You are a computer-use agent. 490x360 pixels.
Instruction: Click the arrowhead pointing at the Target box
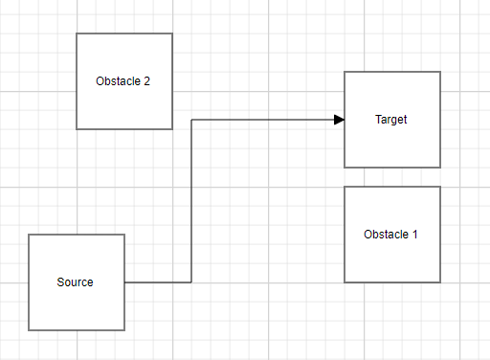point(339,120)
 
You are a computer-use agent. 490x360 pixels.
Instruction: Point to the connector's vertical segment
point(191,201)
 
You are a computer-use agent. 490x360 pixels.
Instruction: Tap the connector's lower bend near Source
point(191,282)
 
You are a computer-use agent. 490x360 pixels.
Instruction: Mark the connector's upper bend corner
point(191,120)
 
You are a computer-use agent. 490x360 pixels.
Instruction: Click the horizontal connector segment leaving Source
point(158,282)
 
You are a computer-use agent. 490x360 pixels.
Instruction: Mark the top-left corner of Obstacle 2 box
point(77,34)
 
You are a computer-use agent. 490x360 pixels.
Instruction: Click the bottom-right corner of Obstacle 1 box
point(440,282)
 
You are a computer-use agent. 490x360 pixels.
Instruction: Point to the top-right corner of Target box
point(440,72)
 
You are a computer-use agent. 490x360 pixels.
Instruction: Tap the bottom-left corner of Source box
point(29,330)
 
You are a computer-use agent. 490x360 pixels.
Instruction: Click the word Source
point(76,282)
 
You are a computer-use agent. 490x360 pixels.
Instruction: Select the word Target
point(391,120)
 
